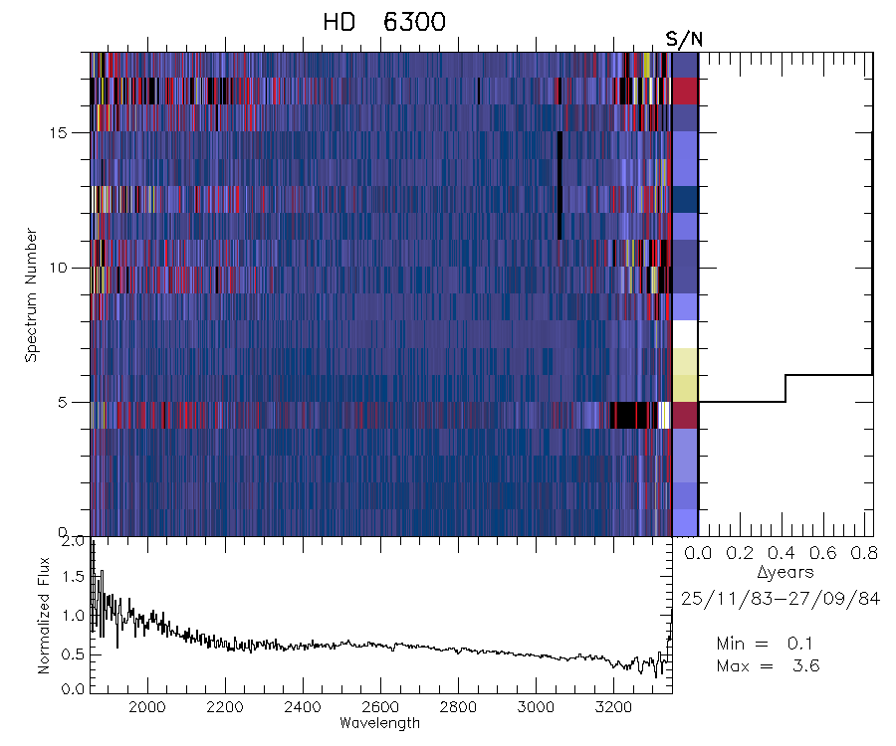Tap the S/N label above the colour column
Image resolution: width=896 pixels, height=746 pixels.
tap(684, 39)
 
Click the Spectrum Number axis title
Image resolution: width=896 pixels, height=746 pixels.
tap(31, 294)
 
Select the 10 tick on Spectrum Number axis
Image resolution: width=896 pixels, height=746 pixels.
tap(75, 268)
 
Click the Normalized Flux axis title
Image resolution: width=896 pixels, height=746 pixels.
tap(44, 616)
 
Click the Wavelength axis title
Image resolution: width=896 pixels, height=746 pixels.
tap(379, 722)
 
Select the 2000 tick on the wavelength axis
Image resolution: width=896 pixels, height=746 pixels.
tap(147, 706)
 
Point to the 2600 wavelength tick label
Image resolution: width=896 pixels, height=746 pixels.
tap(379, 706)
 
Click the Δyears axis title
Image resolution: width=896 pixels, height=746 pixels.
tap(785, 573)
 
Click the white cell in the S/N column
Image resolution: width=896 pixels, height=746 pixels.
tap(685, 334)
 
